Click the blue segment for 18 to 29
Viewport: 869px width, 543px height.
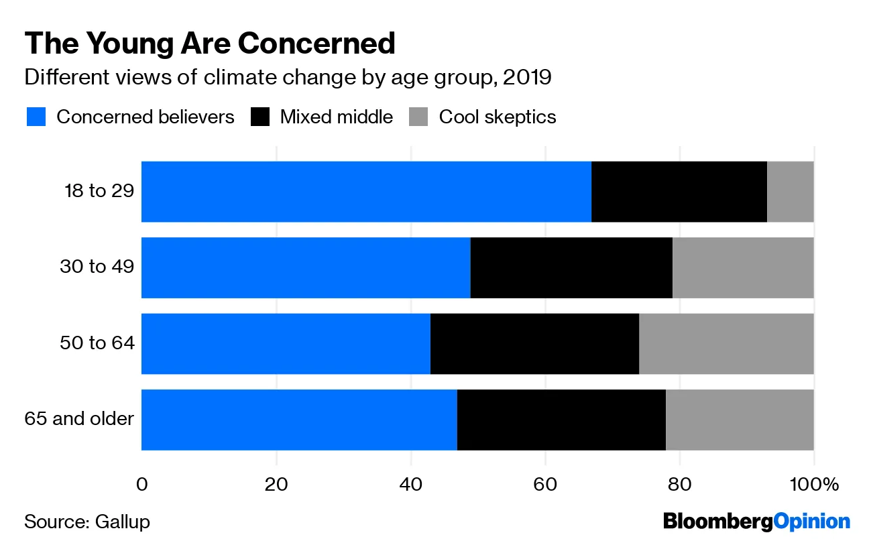pyautogui.click(x=366, y=192)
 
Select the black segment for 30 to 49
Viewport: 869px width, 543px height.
pyautogui.click(x=571, y=267)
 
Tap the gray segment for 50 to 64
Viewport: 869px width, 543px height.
pyautogui.click(x=726, y=343)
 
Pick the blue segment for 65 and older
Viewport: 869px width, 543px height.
pyautogui.click(x=299, y=420)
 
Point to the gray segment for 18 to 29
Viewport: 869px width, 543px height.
pyautogui.click(x=790, y=192)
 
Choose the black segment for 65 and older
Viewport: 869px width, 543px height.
pyautogui.click(x=561, y=420)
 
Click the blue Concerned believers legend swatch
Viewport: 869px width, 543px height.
pyautogui.click(x=36, y=117)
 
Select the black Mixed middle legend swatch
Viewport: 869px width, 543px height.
pyautogui.click(x=259, y=117)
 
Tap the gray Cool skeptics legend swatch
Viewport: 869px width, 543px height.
pyautogui.click(x=418, y=117)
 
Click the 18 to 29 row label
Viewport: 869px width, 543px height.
pyautogui.click(x=99, y=191)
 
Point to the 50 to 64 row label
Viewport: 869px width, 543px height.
pyautogui.click(x=97, y=343)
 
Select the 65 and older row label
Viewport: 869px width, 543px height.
pyautogui.click(x=79, y=419)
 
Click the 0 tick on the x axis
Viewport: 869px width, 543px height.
pyautogui.click(x=141, y=484)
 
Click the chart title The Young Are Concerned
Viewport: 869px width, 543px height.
pyautogui.click(x=210, y=44)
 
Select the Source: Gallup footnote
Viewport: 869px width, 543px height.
pyautogui.click(x=87, y=522)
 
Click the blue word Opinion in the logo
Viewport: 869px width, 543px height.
pyautogui.click(x=811, y=521)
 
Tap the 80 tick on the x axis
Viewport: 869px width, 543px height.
pyautogui.click(x=680, y=484)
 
